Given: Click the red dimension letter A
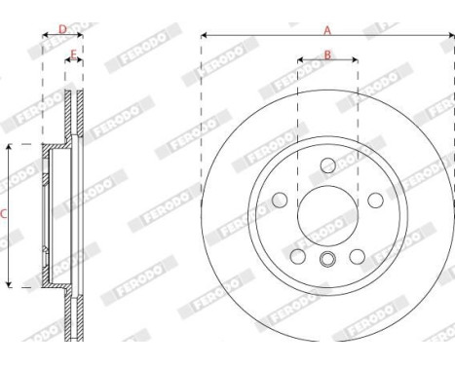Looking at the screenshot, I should click(327, 29).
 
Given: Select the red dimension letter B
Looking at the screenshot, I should click(327, 54).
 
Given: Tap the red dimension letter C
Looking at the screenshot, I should click(4, 213).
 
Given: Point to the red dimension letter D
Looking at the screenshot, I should click(62, 29).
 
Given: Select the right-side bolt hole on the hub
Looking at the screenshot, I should click(374, 200).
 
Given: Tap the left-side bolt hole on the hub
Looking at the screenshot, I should click(281, 200).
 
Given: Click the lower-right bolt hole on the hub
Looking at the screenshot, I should click(357, 255).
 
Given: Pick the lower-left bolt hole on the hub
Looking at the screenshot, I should click(298, 255).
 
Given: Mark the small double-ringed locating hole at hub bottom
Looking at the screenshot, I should click(327, 259).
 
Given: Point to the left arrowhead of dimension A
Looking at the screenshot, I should click(204, 37).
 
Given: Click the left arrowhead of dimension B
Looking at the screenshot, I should click(300, 61).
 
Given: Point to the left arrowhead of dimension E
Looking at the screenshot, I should click(67, 61).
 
